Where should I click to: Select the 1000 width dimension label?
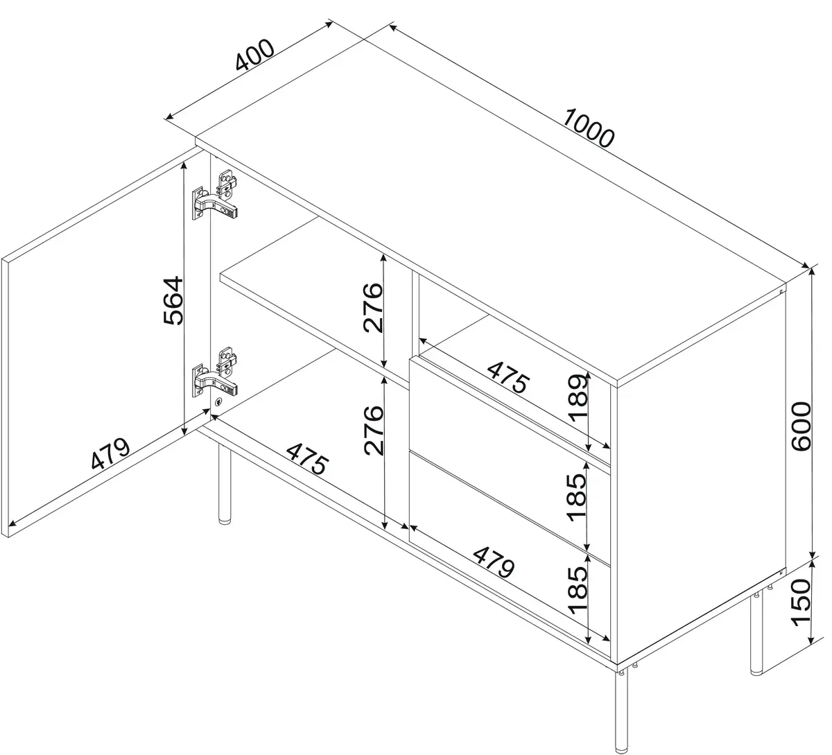(589, 128)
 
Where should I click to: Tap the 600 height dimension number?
(801, 426)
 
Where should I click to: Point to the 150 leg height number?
(801, 603)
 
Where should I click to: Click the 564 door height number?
(173, 301)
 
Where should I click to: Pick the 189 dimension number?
(579, 398)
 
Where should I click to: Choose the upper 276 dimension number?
(373, 307)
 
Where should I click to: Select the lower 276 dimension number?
(373, 430)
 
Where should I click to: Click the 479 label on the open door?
(110, 453)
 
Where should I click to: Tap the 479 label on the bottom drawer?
(494, 562)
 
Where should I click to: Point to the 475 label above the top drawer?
(508, 377)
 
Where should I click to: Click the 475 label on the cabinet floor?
(308, 458)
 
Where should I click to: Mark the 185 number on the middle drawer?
(577, 497)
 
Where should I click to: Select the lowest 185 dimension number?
(578, 590)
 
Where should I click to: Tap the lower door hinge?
(215, 372)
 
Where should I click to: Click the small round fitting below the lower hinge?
(218, 401)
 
